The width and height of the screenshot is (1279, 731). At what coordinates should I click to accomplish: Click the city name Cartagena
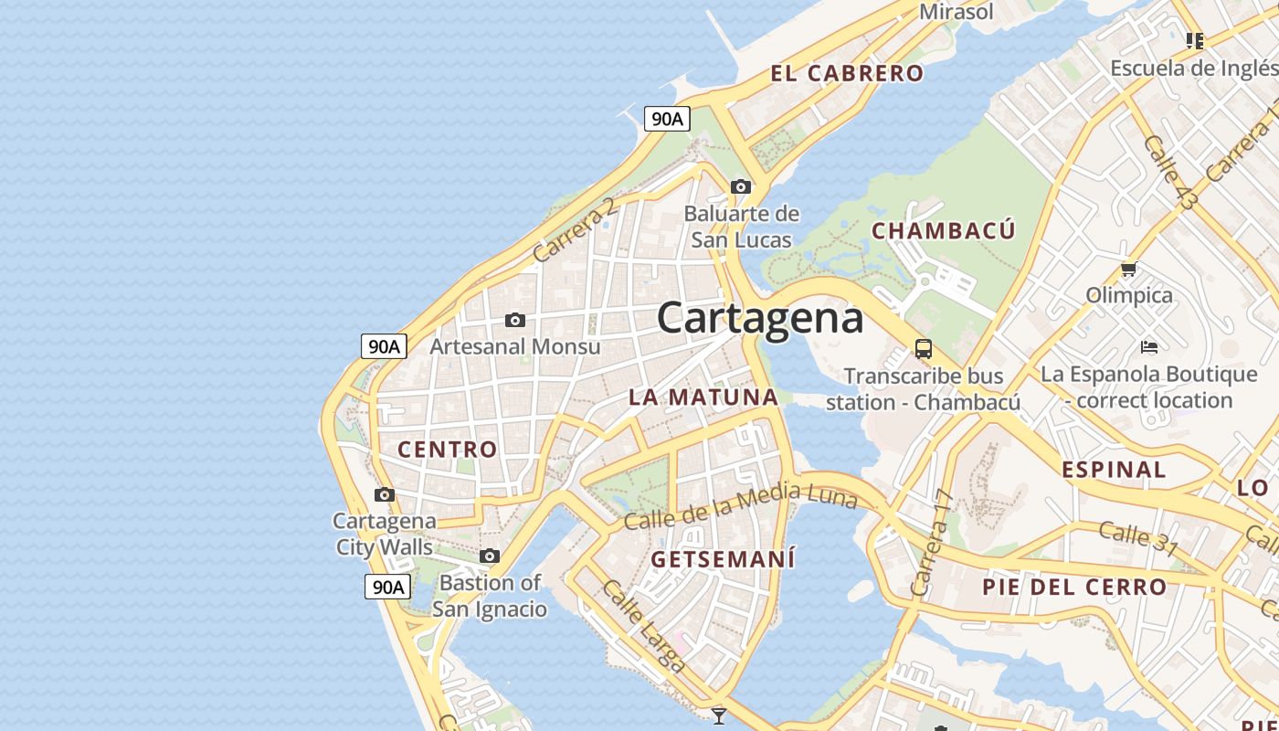pos(760,318)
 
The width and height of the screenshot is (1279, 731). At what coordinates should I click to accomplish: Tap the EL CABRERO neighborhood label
pos(847,74)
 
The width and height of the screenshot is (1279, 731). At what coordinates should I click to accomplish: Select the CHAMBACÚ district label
pos(943,230)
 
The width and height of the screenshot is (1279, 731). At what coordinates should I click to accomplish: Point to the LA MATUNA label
pos(703,397)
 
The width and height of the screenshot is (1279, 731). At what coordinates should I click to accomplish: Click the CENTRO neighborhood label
pos(448,450)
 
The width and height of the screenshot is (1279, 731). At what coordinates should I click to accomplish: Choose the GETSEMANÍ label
pos(723,558)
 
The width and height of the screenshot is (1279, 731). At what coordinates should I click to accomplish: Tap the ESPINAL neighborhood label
pos(1114,471)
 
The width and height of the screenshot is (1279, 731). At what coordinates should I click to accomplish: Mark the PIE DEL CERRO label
pos(1074,587)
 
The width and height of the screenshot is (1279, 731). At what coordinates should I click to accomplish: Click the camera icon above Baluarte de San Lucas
pos(741,187)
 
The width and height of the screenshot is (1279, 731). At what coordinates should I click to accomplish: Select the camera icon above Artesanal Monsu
pos(515,321)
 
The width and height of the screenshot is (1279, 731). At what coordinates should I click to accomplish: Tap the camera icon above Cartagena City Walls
pos(385,495)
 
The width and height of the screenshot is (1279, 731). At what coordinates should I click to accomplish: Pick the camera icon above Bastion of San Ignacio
pos(490,556)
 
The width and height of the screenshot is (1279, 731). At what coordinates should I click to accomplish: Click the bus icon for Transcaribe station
pos(924,349)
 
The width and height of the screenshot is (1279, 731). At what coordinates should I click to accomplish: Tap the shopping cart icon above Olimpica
pos(1129,270)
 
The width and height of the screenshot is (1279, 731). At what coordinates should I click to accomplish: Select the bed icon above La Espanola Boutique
pos(1149,347)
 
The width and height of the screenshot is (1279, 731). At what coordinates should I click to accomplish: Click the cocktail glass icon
pos(719,715)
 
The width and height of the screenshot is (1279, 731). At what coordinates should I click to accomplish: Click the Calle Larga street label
pos(643,626)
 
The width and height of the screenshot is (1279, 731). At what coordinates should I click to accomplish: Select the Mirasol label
pos(956,12)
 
